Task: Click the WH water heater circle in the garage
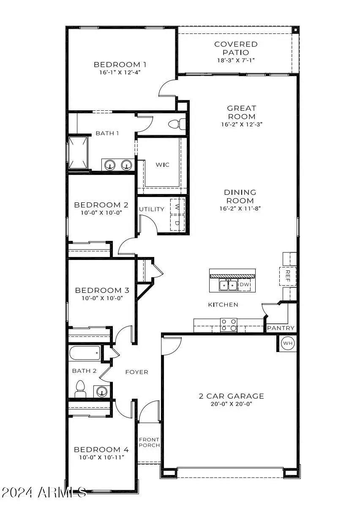click(x=288, y=343)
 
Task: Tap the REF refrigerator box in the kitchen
click(x=288, y=276)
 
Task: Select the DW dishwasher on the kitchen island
click(x=245, y=285)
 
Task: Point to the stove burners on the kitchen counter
click(x=229, y=325)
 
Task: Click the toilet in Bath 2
click(x=80, y=388)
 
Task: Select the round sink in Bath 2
click(x=102, y=392)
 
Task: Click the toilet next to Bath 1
click(x=176, y=124)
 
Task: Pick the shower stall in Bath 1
click(x=79, y=152)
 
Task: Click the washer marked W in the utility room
click(x=177, y=207)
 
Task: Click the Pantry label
click(x=280, y=328)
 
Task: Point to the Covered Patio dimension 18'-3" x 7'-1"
click(x=236, y=60)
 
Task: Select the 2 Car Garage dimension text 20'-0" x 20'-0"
click(x=231, y=404)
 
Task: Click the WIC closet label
click(x=163, y=164)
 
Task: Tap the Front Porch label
click(x=149, y=442)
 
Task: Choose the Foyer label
click(x=136, y=372)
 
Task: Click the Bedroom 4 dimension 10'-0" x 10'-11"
click(x=101, y=457)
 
